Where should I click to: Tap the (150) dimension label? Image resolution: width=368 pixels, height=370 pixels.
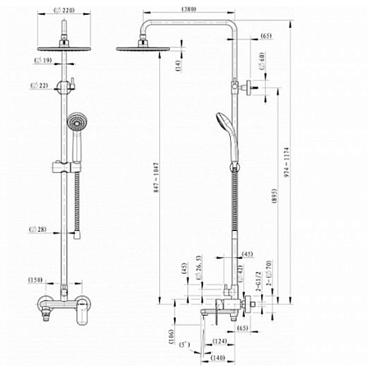click(x=37, y=280)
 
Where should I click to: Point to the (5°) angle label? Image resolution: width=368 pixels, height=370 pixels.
click(x=186, y=344)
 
